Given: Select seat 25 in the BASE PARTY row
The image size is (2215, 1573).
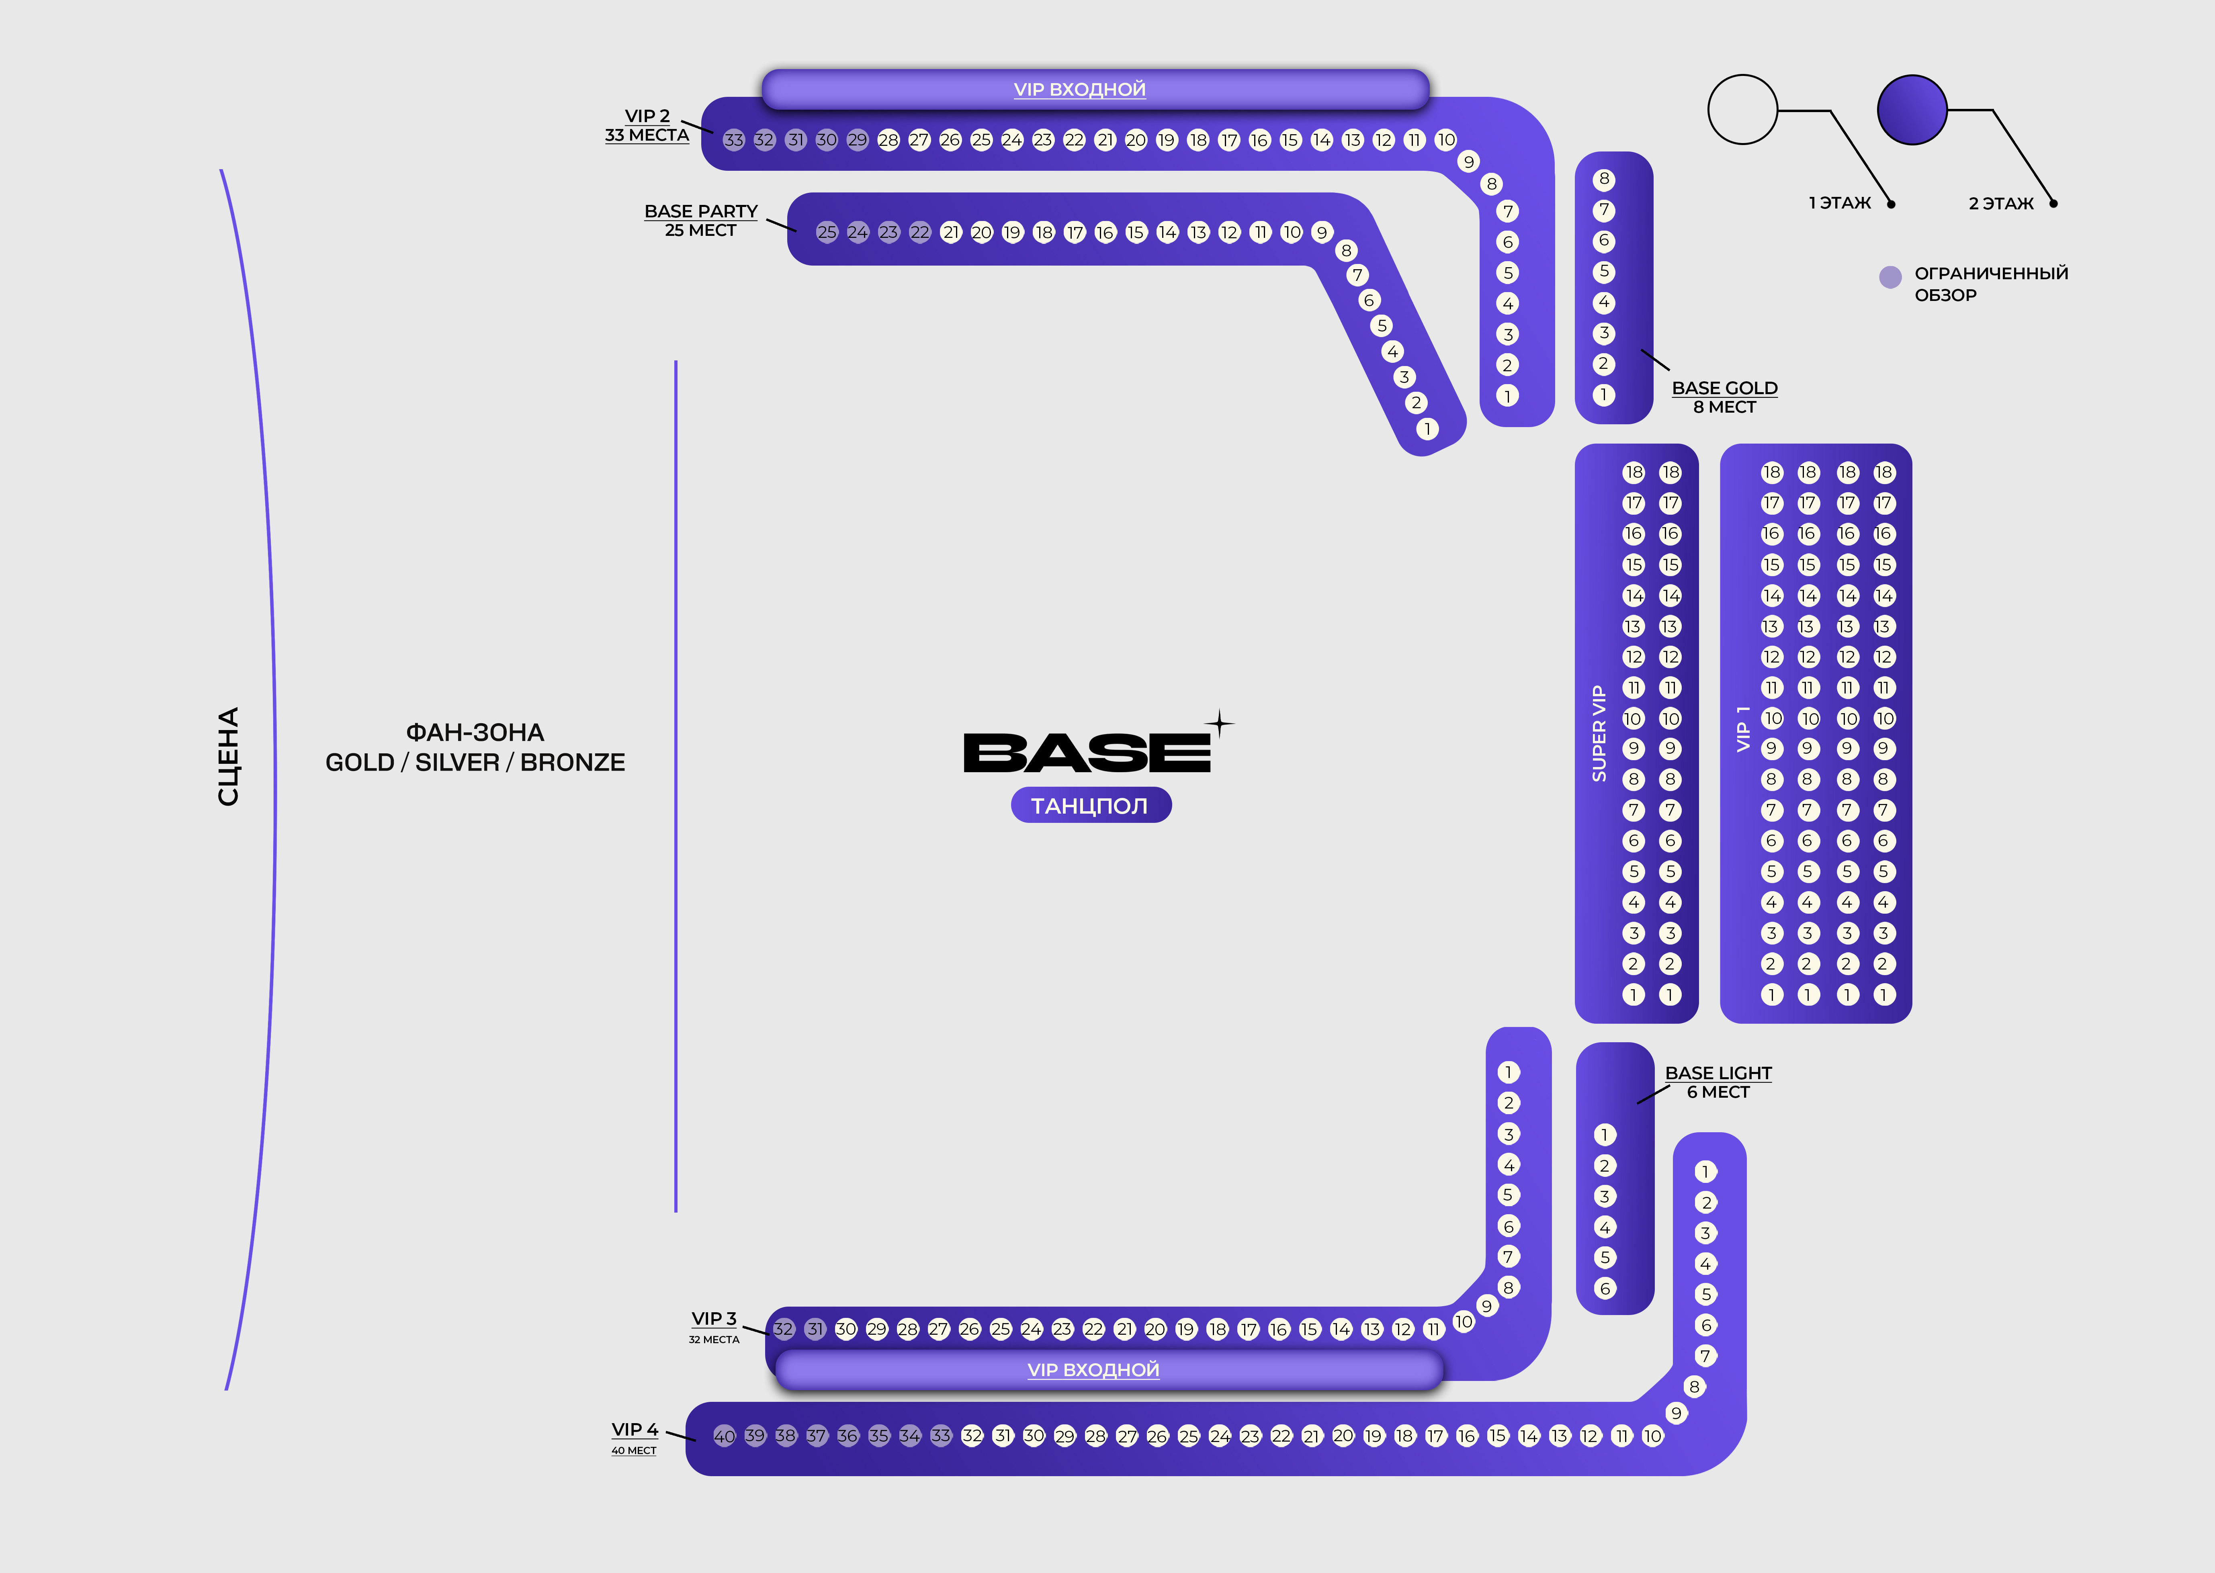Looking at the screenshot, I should tap(826, 233).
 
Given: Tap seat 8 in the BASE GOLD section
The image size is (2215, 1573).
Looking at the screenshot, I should tap(1604, 179).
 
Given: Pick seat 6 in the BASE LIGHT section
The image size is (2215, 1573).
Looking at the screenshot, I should tap(1605, 1288).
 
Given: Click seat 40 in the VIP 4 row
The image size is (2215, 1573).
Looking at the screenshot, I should tap(723, 1436).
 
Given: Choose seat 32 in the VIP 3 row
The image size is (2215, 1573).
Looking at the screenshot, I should tap(784, 1329).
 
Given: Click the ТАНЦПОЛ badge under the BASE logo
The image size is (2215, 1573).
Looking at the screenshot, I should tap(1091, 806).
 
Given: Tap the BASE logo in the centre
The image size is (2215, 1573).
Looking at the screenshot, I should tap(1087, 753).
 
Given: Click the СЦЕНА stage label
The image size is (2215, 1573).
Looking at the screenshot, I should tap(229, 757).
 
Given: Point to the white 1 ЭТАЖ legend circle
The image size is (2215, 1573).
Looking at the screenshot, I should tap(1742, 109).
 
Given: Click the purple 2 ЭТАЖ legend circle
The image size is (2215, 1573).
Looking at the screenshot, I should tap(1912, 109).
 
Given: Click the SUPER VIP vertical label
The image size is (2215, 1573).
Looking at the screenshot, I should tap(1599, 733).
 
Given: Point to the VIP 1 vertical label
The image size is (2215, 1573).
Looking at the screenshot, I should tap(1743, 728).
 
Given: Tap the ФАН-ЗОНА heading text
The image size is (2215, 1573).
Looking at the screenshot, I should tap(475, 732).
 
